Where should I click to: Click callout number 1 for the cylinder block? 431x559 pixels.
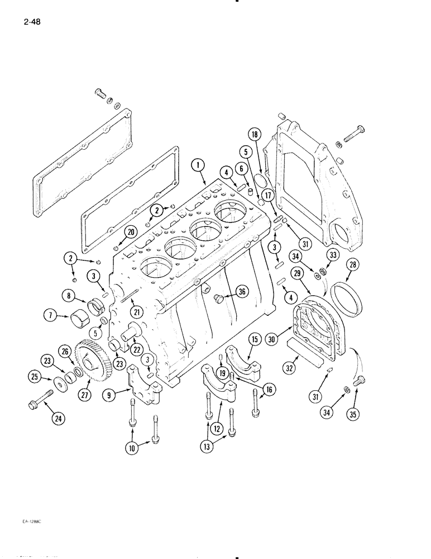(x=198, y=164)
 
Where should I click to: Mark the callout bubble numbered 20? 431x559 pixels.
(x=131, y=231)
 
